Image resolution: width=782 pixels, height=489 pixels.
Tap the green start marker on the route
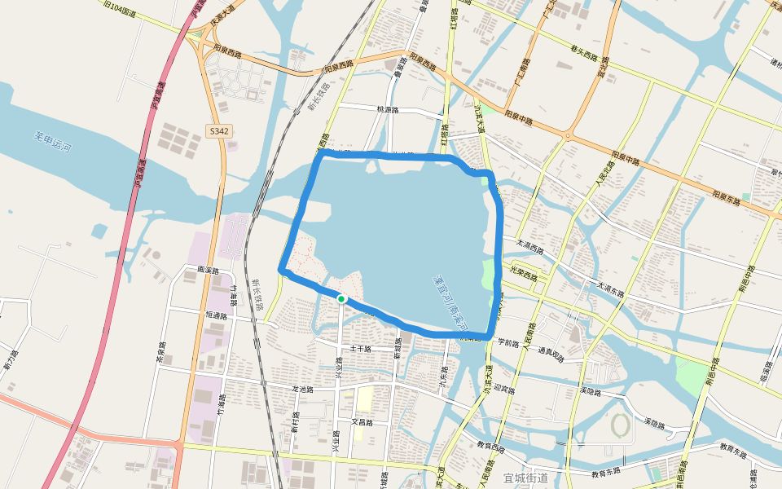click(x=342, y=299)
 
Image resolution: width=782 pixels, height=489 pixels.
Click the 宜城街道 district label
click(x=525, y=478)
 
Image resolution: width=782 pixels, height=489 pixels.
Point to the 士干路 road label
click(x=360, y=349)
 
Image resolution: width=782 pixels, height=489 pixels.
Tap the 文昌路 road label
click(x=361, y=422)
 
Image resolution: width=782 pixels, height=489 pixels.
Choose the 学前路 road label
click(x=507, y=342)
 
